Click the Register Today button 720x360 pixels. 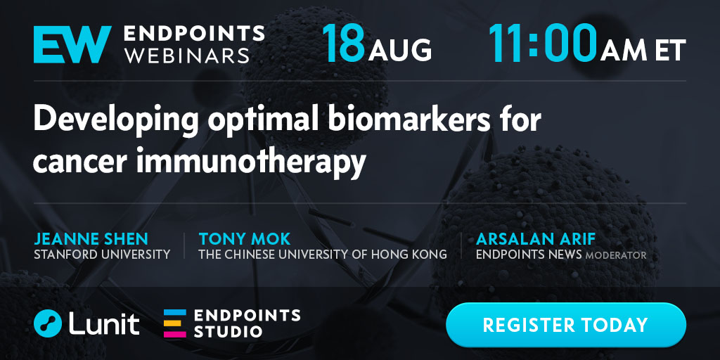click(x=566, y=325)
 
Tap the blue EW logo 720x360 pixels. click(x=72, y=44)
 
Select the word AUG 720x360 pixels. click(x=399, y=50)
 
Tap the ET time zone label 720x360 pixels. click(x=670, y=50)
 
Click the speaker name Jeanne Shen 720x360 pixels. click(x=91, y=239)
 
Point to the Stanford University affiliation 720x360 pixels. click(x=102, y=254)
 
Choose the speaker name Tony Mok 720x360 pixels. click(x=244, y=239)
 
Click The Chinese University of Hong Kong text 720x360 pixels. click(x=323, y=254)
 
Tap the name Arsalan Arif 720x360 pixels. click(x=535, y=239)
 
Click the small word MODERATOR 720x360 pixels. click(x=616, y=255)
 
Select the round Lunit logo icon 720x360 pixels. click(x=48, y=323)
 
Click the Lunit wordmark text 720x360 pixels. click(x=104, y=323)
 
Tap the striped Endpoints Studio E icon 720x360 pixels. click(x=175, y=323)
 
